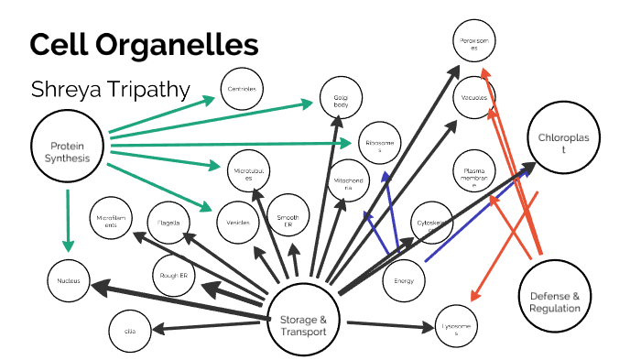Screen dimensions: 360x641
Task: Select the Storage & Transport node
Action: (303, 324)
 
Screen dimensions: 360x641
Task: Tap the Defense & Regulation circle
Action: (555, 301)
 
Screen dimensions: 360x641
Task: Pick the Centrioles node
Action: (244, 89)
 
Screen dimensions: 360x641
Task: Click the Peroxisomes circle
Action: (476, 43)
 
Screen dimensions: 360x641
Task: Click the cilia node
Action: (129, 328)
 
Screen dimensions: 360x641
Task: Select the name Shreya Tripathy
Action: (110, 90)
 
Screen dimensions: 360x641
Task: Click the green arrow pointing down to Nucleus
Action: (66, 220)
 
